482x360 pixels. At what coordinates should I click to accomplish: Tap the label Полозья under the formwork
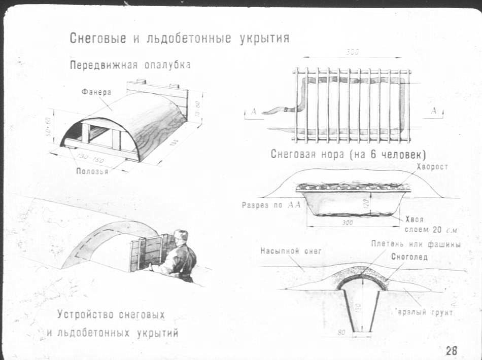click(x=92, y=171)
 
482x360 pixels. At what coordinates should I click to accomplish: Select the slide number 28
click(x=451, y=350)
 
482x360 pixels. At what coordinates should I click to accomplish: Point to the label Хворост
click(x=431, y=167)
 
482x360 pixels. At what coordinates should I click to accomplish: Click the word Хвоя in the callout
click(x=415, y=220)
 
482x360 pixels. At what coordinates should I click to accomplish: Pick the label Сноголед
click(x=409, y=257)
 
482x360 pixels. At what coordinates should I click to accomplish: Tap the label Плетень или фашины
click(x=416, y=244)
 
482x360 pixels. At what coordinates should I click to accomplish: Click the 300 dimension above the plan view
click(x=352, y=52)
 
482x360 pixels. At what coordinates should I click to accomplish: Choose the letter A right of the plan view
click(x=433, y=111)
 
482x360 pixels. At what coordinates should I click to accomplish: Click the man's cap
click(x=181, y=235)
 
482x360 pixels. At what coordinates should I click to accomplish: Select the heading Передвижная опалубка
click(x=130, y=65)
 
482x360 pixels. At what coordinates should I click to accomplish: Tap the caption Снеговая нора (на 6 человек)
click(x=348, y=154)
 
